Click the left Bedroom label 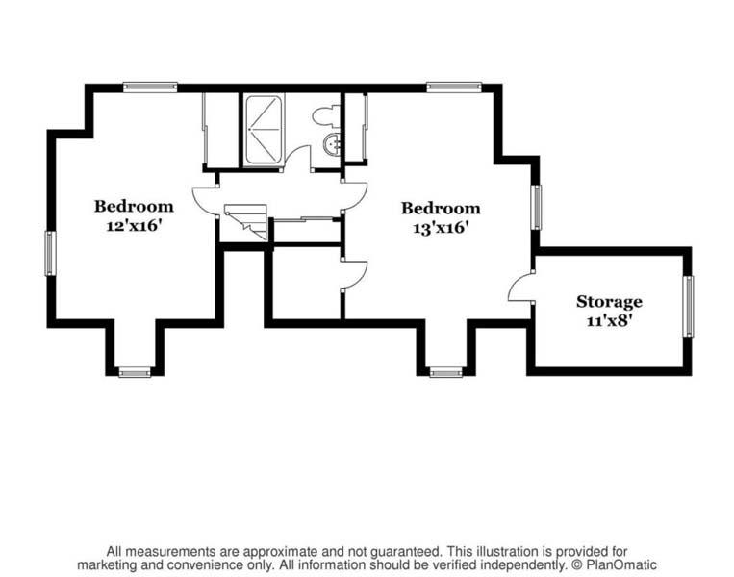tap(134, 206)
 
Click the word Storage tap(609, 302)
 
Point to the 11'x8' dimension tap(609, 321)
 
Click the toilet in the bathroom tap(324, 116)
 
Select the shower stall tap(263, 128)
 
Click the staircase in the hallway tap(246, 222)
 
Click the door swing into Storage tap(519, 287)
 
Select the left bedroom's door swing tap(205, 200)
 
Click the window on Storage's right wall tap(687, 307)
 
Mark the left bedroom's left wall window tap(50, 253)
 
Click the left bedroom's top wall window tap(150, 87)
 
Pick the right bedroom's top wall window tap(454, 87)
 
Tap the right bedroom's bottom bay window tap(445, 372)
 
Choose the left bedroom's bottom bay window tap(135, 372)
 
